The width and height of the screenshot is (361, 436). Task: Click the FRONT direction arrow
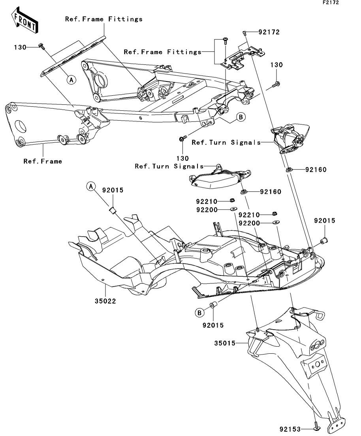click(24, 20)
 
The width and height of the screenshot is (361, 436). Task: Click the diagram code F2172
click(331, 2)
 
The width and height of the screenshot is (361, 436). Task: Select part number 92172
click(269, 32)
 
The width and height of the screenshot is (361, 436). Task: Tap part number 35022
click(105, 301)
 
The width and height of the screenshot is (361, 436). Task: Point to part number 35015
click(225, 343)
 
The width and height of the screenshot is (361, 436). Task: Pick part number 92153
click(290, 429)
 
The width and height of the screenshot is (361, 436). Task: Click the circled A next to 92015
click(91, 186)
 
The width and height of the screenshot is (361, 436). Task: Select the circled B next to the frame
click(241, 117)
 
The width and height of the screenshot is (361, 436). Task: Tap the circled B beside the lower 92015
click(199, 313)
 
